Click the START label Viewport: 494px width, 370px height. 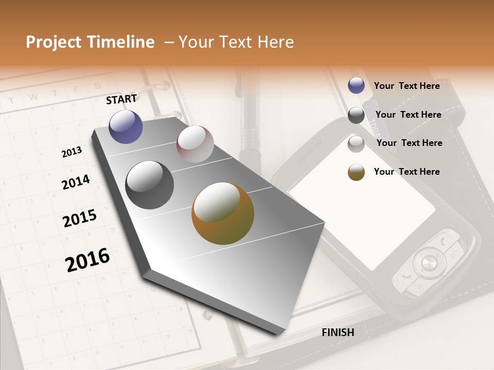click(121, 99)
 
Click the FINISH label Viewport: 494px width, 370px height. click(338, 332)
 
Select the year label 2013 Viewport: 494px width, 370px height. click(72, 152)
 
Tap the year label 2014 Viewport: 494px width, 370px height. click(76, 182)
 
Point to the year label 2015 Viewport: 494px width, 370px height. click(80, 218)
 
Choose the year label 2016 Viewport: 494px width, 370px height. click(87, 260)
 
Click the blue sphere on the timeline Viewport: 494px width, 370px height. click(126, 126)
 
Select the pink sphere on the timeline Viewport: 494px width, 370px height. click(195, 143)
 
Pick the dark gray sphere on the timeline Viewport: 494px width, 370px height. click(150, 185)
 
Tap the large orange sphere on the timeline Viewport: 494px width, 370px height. click(223, 213)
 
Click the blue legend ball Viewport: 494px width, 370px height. click(356, 86)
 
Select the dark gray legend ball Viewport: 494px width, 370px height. click(356, 115)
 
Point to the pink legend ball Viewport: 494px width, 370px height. click(356, 144)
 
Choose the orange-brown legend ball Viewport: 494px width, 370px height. click(356, 172)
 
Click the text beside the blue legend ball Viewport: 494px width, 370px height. click(407, 86)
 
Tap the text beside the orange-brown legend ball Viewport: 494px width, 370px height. click(407, 172)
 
